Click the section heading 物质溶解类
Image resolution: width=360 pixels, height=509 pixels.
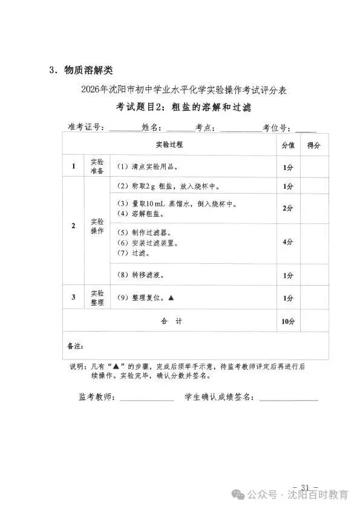tap(85, 70)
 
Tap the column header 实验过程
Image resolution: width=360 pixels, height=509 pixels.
tap(169, 145)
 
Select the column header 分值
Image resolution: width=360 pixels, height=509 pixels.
tap(287, 145)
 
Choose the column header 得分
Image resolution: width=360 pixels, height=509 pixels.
tap(314, 145)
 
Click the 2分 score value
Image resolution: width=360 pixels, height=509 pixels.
tap(287, 208)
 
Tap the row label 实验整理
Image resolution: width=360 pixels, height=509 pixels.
tap(97, 298)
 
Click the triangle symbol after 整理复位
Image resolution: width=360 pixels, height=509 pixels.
tap(171, 298)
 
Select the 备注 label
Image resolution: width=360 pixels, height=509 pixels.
tap(75, 347)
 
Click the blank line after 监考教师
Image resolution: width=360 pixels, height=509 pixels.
tap(147, 399)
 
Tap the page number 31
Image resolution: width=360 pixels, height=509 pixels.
tap(305, 488)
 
